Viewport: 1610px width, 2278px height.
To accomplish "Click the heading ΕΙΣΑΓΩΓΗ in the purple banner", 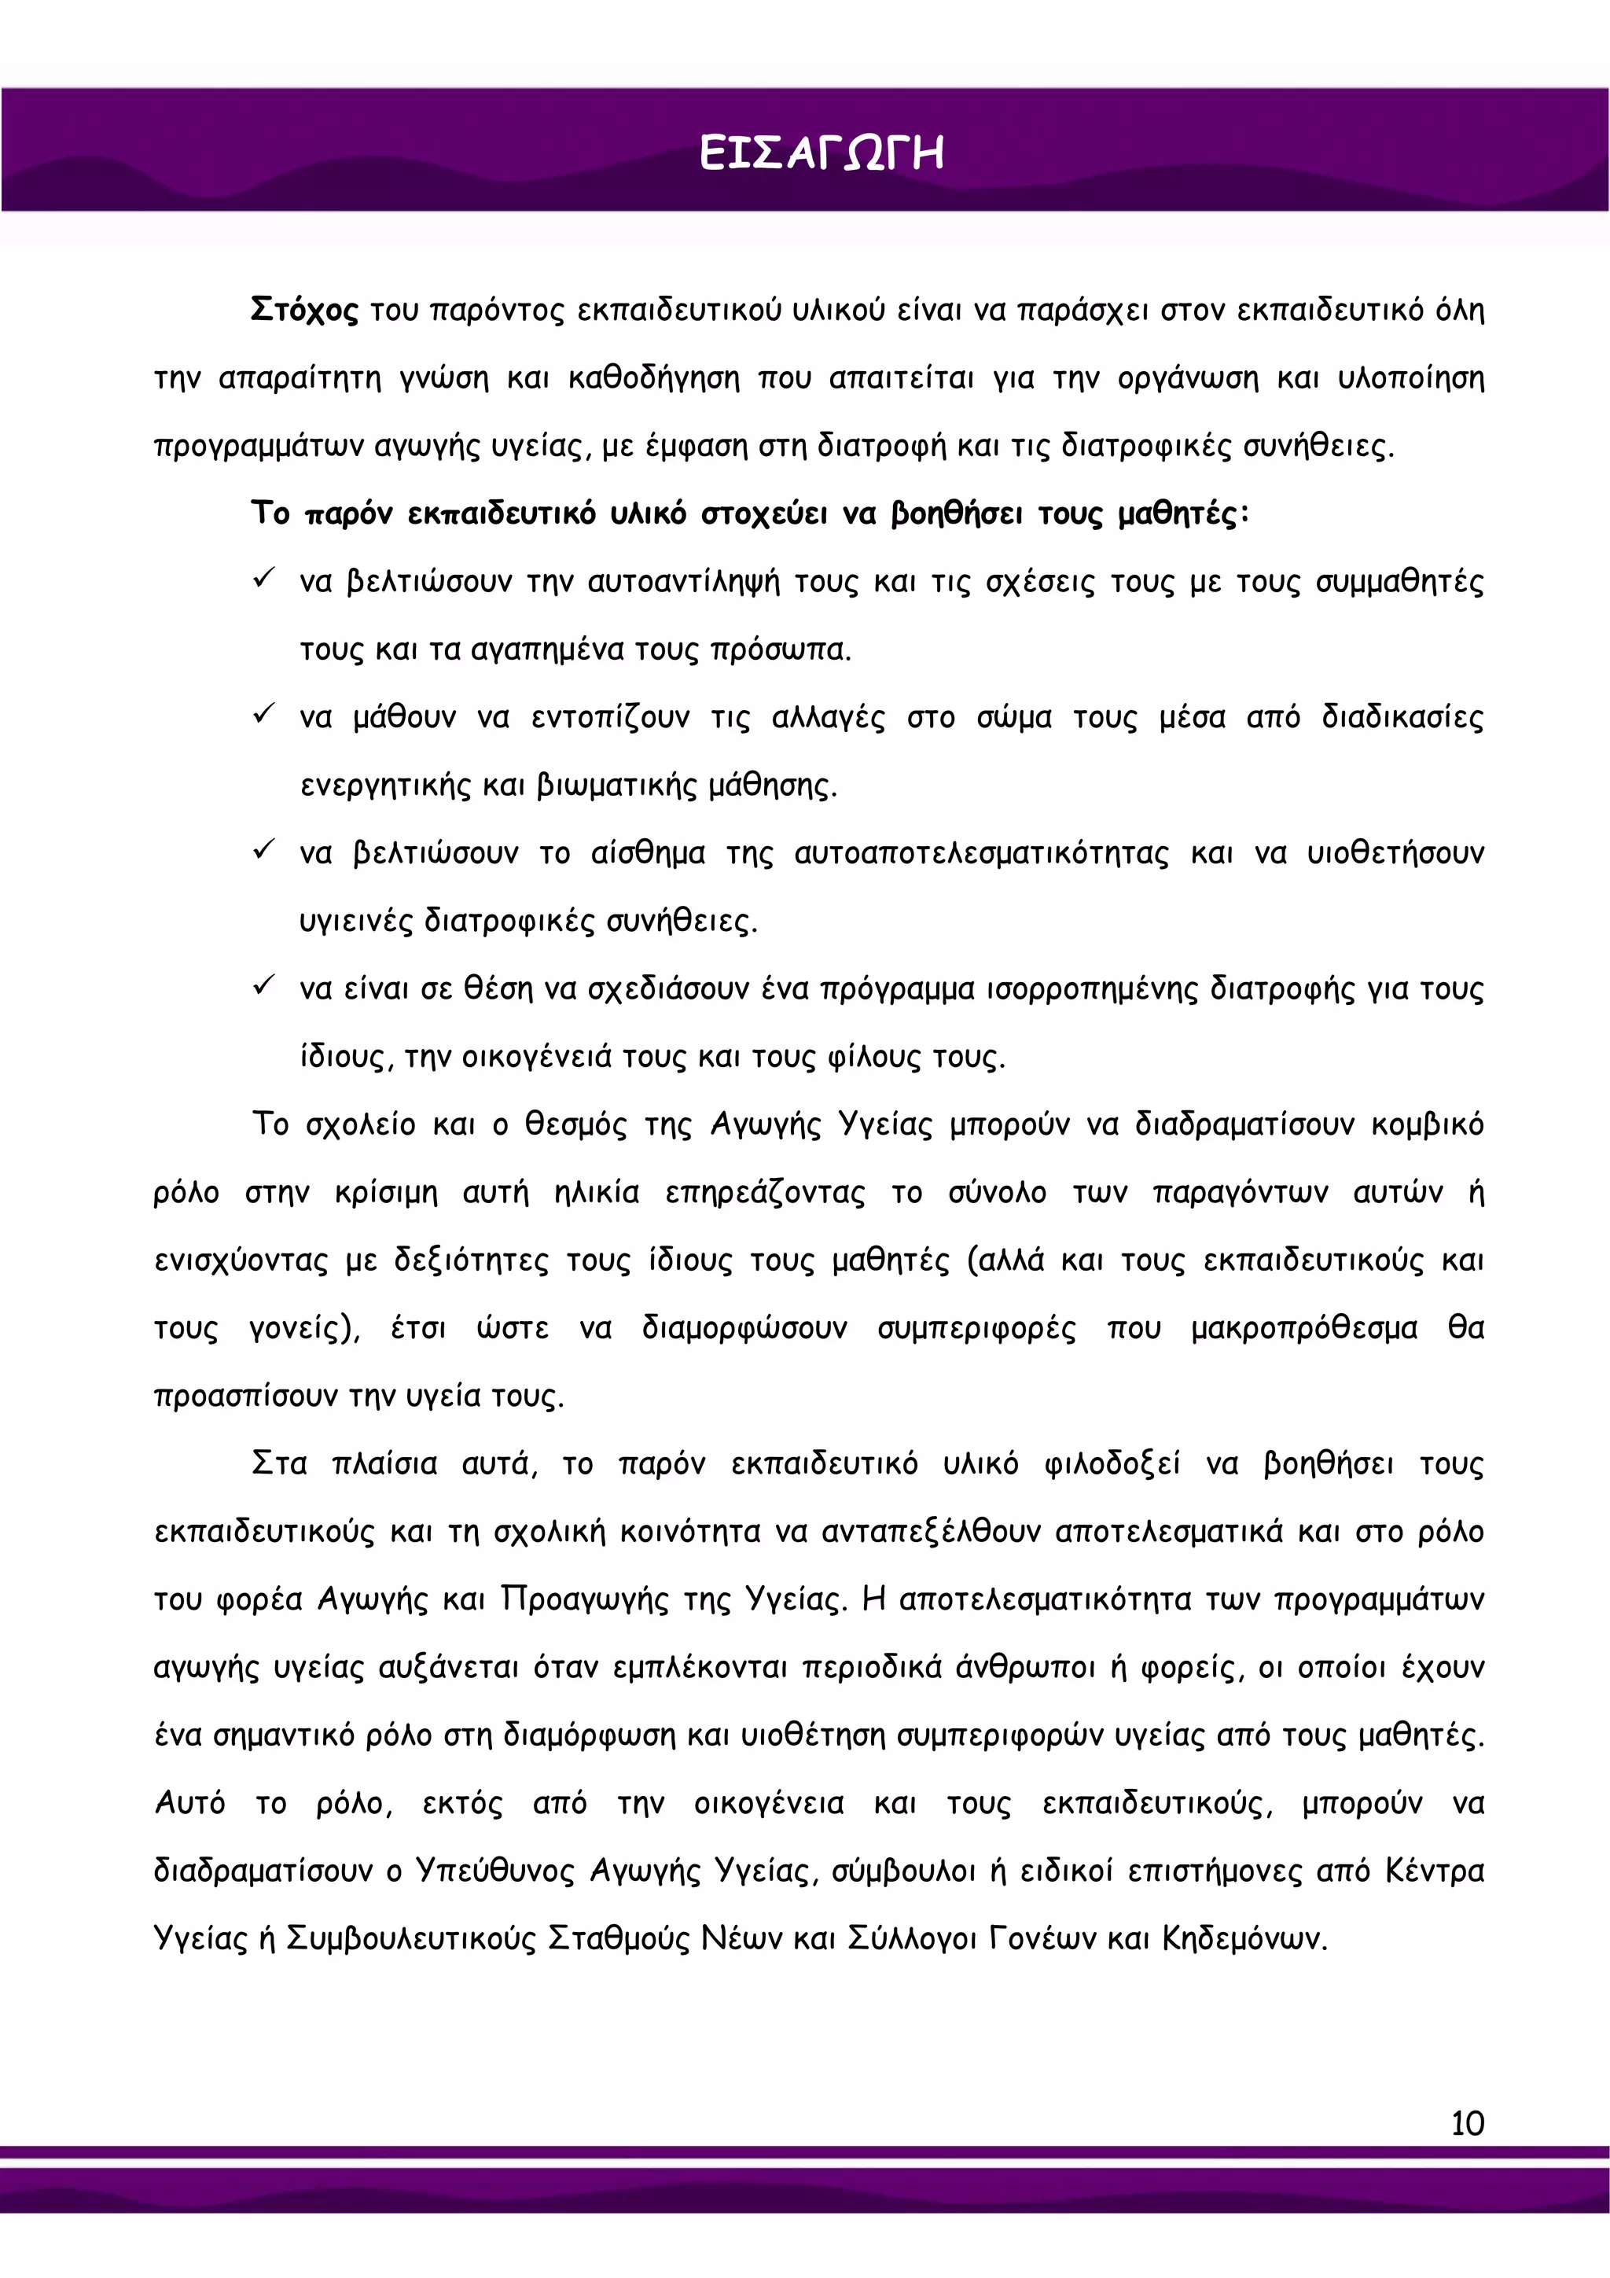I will pos(821,154).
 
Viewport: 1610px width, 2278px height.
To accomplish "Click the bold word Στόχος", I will pos(303,311).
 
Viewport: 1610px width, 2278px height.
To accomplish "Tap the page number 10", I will pos(1467,2123).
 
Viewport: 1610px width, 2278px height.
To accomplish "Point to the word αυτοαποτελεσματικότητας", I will pos(981,854).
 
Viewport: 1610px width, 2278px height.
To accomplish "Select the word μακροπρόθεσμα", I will pos(1303,1328).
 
